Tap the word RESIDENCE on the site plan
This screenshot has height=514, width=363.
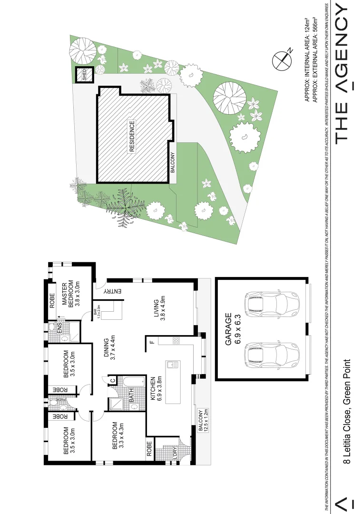tap(132, 137)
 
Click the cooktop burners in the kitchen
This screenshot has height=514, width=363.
tap(175, 341)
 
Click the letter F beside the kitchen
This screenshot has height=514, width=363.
tap(152, 341)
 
